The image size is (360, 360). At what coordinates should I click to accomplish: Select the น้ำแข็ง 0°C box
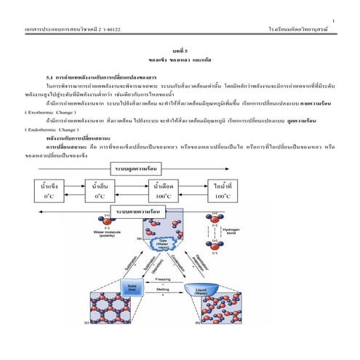[x=50, y=190]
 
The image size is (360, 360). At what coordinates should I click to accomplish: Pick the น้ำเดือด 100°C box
[x=162, y=190]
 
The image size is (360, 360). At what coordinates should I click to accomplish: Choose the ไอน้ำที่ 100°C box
[x=218, y=190]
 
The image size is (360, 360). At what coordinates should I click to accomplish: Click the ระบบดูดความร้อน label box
[x=135, y=168]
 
